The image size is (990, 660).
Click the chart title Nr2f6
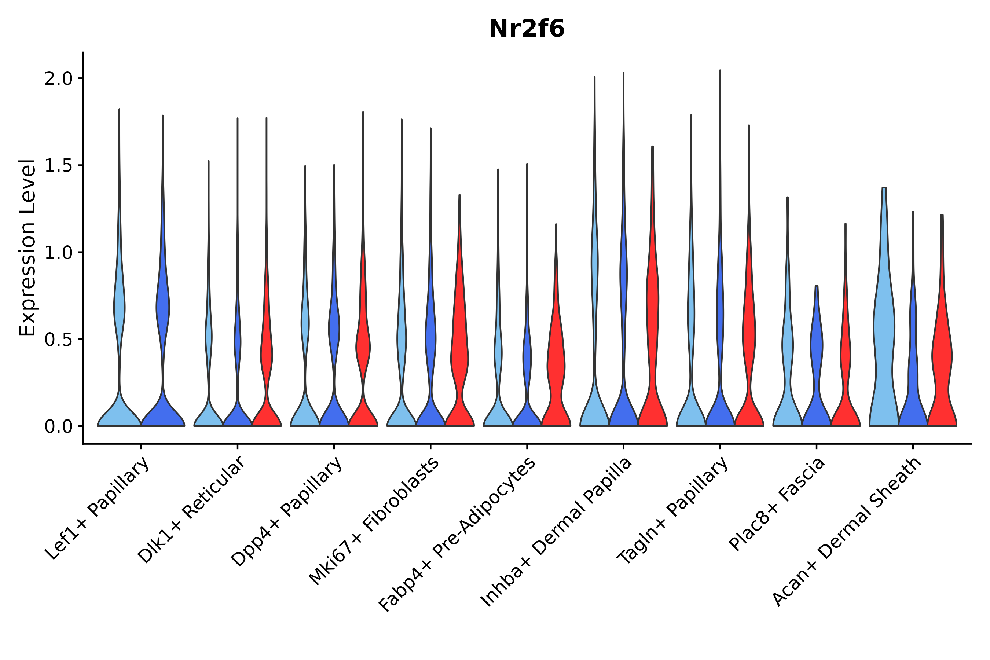click(526, 29)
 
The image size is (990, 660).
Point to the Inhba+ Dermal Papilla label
click(557, 532)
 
